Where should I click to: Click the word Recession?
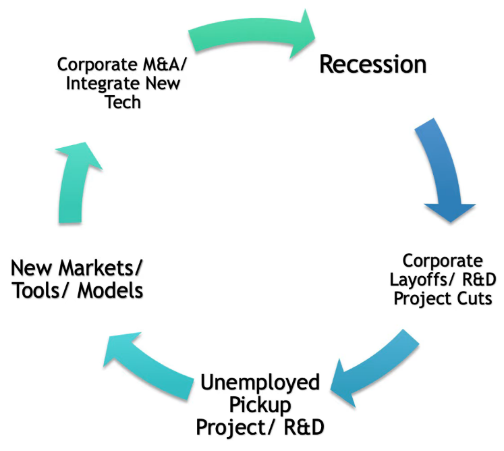[x=372, y=64]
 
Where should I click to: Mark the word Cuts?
[x=472, y=298]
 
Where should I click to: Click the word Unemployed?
[x=260, y=383]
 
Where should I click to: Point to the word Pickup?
[x=260, y=405]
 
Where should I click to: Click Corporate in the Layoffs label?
[x=443, y=261]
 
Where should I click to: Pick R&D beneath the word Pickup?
[x=296, y=427]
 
